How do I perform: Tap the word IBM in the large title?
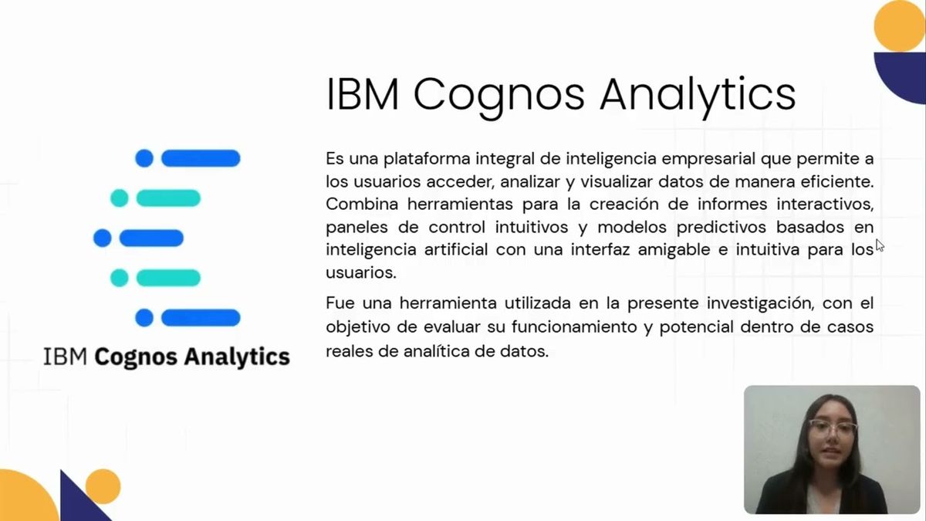(x=363, y=94)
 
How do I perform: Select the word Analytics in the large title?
(x=698, y=94)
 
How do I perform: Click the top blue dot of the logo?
(x=144, y=158)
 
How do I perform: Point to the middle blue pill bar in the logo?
(x=151, y=238)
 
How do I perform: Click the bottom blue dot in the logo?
(x=144, y=317)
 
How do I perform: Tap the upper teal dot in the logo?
(x=120, y=198)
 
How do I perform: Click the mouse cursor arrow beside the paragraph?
(x=879, y=245)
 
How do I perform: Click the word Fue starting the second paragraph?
(x=340, y=303)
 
